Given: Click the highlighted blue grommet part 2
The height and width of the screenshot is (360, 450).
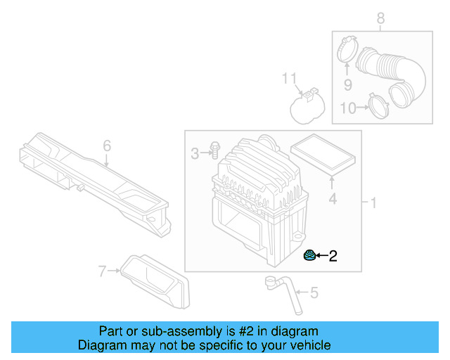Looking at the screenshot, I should (309, 255).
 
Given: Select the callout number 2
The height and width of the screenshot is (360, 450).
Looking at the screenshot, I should (333, 257).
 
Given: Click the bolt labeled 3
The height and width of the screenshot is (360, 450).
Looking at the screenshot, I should (214, 150).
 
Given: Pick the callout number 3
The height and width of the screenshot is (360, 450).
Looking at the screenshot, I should (195, 153).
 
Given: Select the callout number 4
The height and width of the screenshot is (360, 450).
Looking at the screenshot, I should (333, 200).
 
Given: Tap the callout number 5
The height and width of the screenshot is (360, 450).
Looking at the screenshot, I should (314, 292).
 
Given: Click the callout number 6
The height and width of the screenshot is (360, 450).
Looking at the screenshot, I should (107, 146).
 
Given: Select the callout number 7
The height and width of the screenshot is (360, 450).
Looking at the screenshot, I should (103, 269).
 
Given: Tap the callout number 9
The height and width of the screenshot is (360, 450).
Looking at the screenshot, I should (347, 85).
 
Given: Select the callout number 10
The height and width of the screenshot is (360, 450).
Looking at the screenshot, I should (348, 108).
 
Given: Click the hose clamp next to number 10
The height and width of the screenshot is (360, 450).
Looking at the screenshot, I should (380, 106).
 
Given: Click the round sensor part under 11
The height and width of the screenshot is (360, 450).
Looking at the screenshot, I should (307, 110).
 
